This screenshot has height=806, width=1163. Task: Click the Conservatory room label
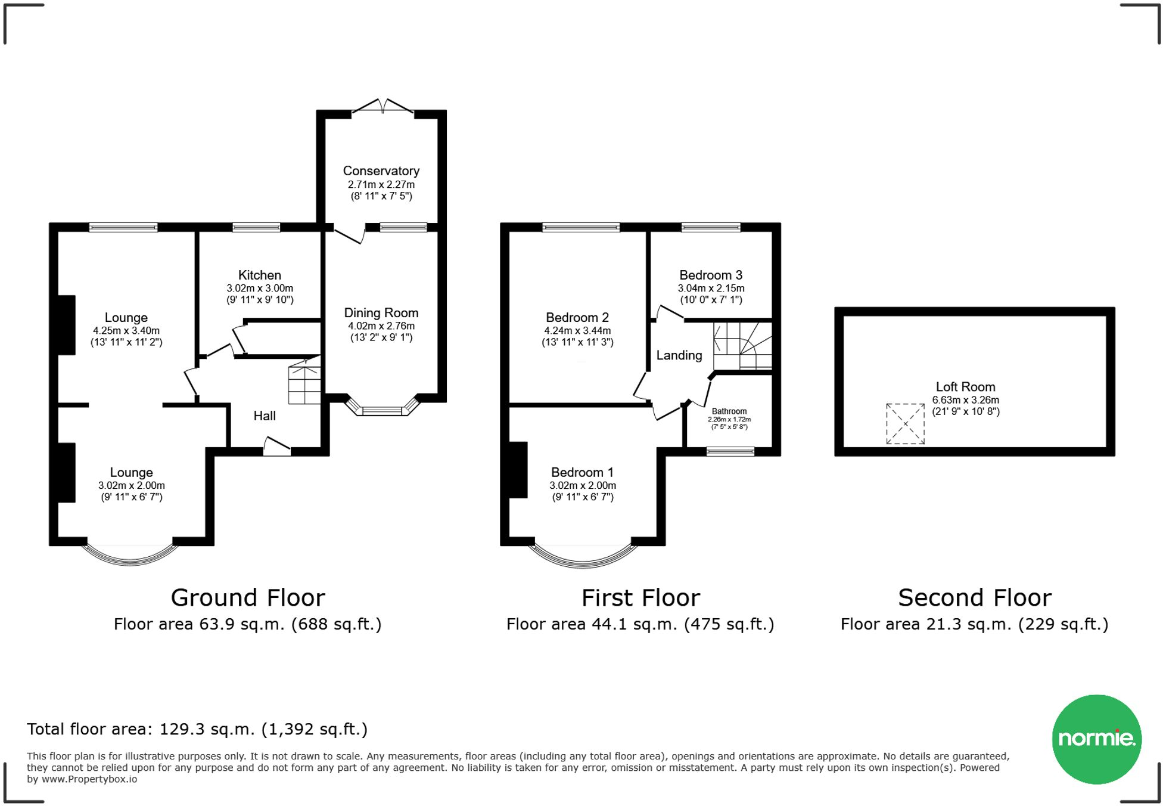pos(381,171)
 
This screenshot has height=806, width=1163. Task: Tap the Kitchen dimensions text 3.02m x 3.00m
pos(259,288)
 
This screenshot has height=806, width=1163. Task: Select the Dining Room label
pos(381,313)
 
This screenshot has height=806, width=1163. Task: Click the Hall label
pos(265,416)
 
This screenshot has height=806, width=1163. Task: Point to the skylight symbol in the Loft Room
pos(905,424)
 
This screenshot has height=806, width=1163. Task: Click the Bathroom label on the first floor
pos(729,411)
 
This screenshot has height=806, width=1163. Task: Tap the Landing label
pos(679,355)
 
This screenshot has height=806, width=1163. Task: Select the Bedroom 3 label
pos(710,275)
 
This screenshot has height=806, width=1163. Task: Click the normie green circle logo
pos(1096,739)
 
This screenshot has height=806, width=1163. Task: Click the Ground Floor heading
pos(248,597)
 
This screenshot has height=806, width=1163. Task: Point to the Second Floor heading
pos(974,597)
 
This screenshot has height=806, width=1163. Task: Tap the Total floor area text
pos(197,729)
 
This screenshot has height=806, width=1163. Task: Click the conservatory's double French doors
pos(383,106)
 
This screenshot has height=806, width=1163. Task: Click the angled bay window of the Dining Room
pos(383,410)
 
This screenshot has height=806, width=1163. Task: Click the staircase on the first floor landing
pos(742,346)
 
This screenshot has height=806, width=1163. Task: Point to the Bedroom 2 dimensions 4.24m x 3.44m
pos(577,330)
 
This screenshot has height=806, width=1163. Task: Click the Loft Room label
pos(965,387)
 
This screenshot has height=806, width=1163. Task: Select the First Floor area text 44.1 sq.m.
pos(640,624)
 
